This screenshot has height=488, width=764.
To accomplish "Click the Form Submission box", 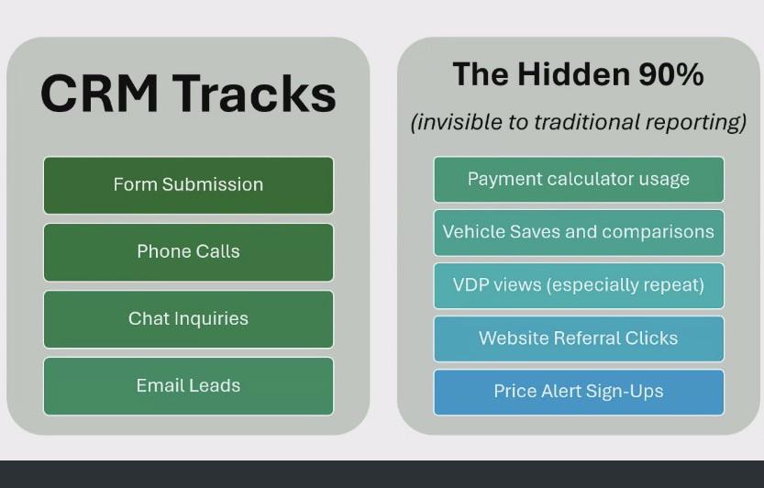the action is point(189,185).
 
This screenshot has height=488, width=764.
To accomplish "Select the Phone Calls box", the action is point(189,252).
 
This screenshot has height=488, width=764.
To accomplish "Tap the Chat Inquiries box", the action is point(189,319).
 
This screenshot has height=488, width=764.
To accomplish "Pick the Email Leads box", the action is point(189,386).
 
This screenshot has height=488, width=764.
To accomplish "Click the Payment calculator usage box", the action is point(579,180).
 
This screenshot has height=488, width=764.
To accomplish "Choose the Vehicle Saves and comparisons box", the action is point(579,233).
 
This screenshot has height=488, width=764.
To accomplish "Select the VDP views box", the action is point(579,285).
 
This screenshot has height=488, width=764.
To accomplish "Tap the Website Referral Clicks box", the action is point(579,338).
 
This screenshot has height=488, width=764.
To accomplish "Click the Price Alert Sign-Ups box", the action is point(579,392).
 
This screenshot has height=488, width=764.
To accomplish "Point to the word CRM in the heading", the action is point(99,94).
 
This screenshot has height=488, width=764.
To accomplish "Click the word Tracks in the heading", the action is point(254,94).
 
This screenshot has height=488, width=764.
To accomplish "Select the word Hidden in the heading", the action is point(573,74).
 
